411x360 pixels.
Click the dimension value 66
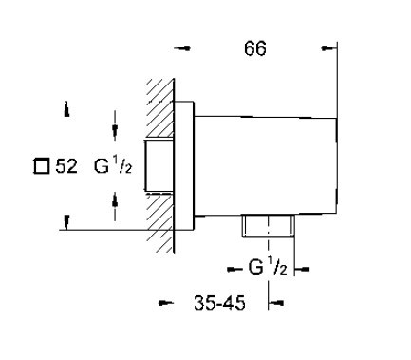(255, 48)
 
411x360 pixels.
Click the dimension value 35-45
(219, 303)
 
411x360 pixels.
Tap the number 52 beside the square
(66, 166)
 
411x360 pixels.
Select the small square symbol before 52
(42, 166)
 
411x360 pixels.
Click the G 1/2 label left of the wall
(113, 166)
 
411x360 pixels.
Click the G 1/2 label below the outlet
(268, 267)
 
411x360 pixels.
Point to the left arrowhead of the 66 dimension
(182, 48)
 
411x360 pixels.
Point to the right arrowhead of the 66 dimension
(329, 48)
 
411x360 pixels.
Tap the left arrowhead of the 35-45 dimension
(166, 303)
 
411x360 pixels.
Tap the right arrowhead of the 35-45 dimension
(276, 303)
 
